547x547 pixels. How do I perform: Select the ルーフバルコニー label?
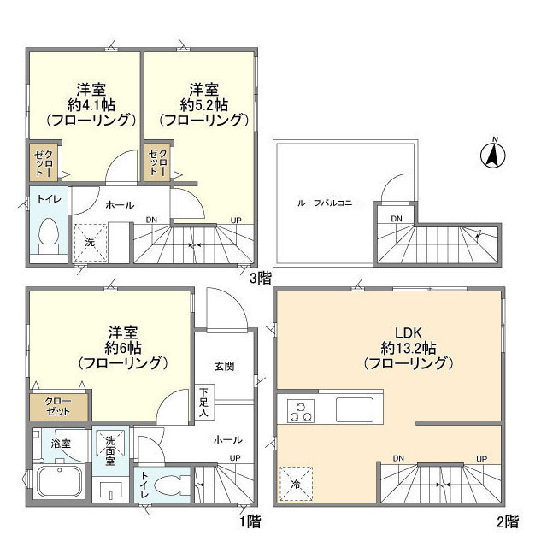pos(329,203)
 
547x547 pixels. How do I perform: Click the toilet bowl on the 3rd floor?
pos(50,233)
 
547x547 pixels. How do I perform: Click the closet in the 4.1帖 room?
pos(44,162)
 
